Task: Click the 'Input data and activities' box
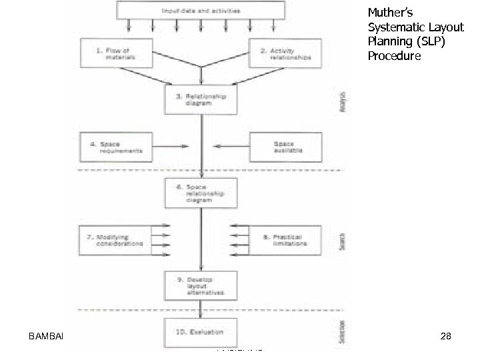[201, 10]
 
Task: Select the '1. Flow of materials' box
[116, 53]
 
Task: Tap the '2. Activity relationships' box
[284, 53]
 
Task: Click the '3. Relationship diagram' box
[201, 100]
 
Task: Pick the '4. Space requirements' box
[116, 147]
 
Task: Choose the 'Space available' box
[285, 147]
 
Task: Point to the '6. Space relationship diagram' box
[201, 193]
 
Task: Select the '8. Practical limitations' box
[285, 240]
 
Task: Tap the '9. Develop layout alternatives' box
[201, 286]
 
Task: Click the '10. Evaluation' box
[201, 331]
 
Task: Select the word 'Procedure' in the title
[394, 56]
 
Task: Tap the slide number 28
[446, 337]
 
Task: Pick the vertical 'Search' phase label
[342, 241]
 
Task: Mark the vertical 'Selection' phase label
[342, 331]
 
